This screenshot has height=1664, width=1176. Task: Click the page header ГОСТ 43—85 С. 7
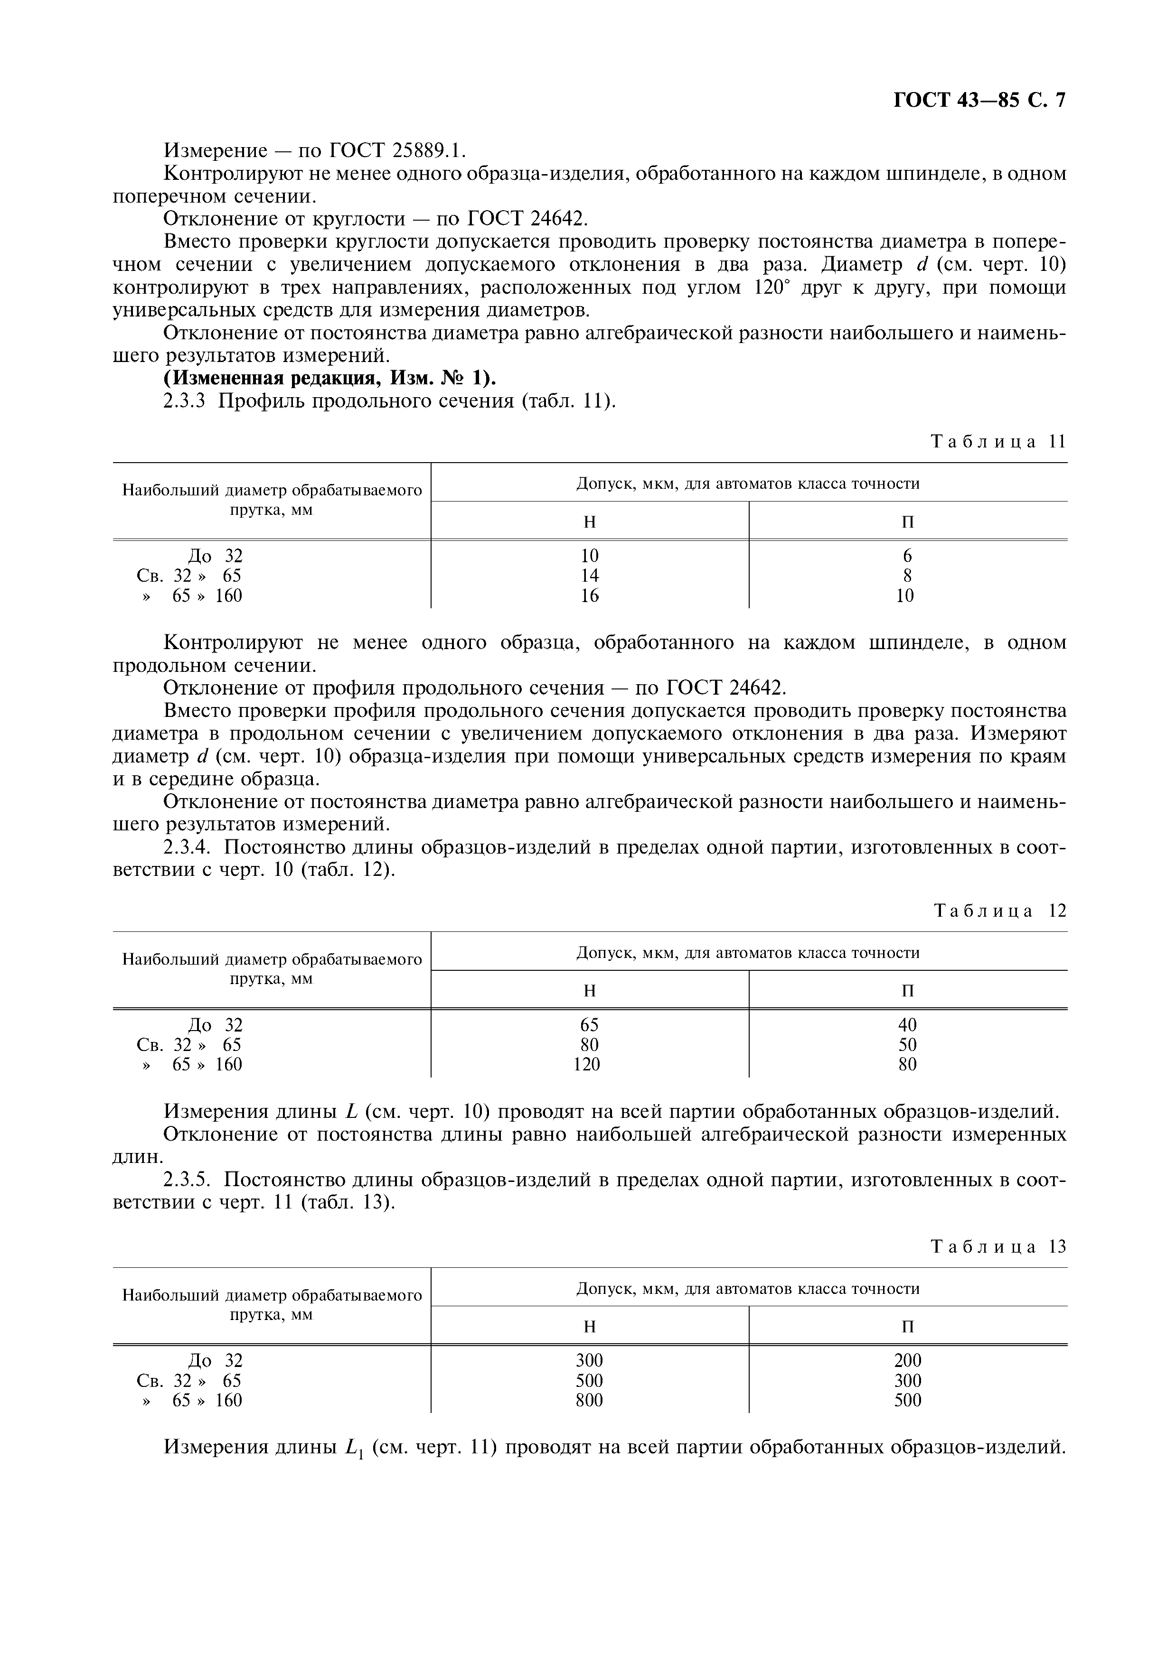tap(979, 101)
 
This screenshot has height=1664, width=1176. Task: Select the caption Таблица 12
tap(1000, 910)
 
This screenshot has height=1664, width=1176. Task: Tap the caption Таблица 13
tap(998, 1246)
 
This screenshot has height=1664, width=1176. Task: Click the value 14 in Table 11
tap(590, 576)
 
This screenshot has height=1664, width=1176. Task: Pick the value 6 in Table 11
tap(907, 556)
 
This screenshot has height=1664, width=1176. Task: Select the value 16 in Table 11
tap(590, 596)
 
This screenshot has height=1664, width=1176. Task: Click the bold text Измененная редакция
tap(275, 378)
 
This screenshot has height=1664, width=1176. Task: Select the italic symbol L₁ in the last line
tap(353, 1447)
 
